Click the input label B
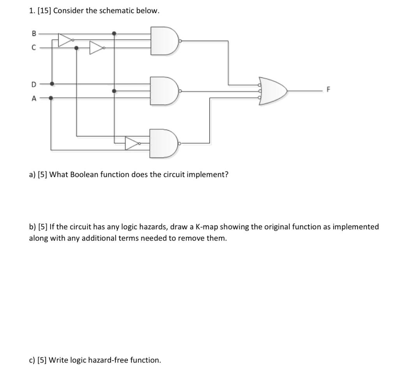[33, 33]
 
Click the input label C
[34, 48]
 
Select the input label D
[34, 84]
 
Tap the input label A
[34, 98]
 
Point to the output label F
[328, 90]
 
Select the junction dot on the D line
[52, 83]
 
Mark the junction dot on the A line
[51, 98]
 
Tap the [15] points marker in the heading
[44, 11]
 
